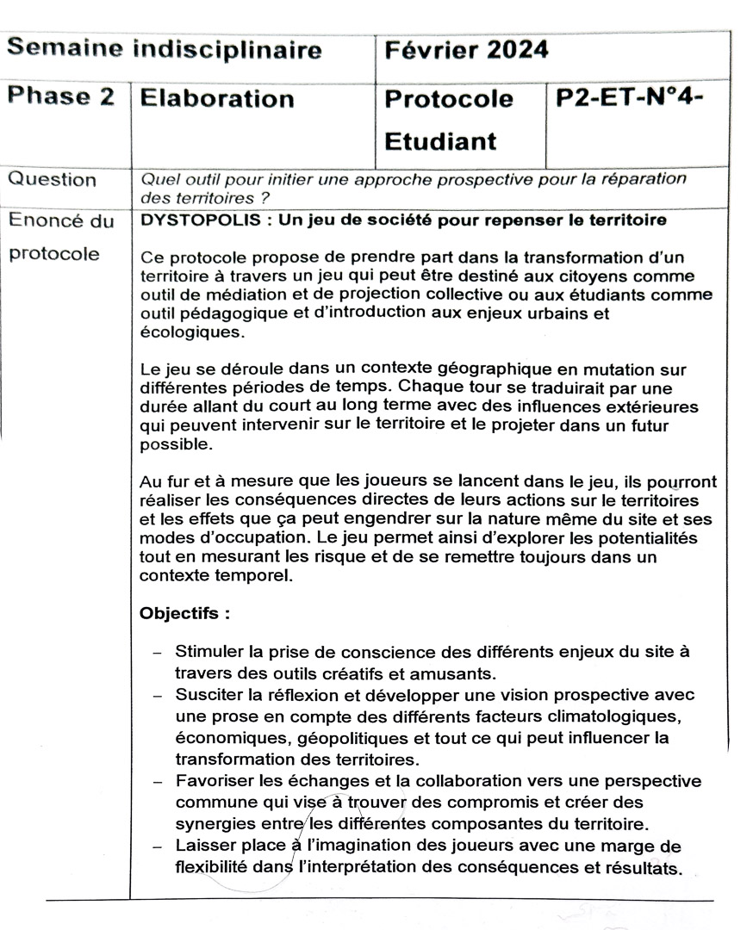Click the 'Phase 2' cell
pyautogui.click(x=60, y=97)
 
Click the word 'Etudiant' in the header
pyautogui.click(x=439, y=141)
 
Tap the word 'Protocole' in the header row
pyautogui.click(x=449, y=99)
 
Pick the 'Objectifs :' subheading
pyautogui.click(x=184, y=615)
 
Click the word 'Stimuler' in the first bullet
pyautogui.click(x=209, y=652)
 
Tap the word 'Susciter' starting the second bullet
pyautogui.click(x=209, y=694)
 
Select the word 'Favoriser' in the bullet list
pyautogui.click(x=214, y=781)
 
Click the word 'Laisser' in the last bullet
pyautogui.click(x=205, y=846)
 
